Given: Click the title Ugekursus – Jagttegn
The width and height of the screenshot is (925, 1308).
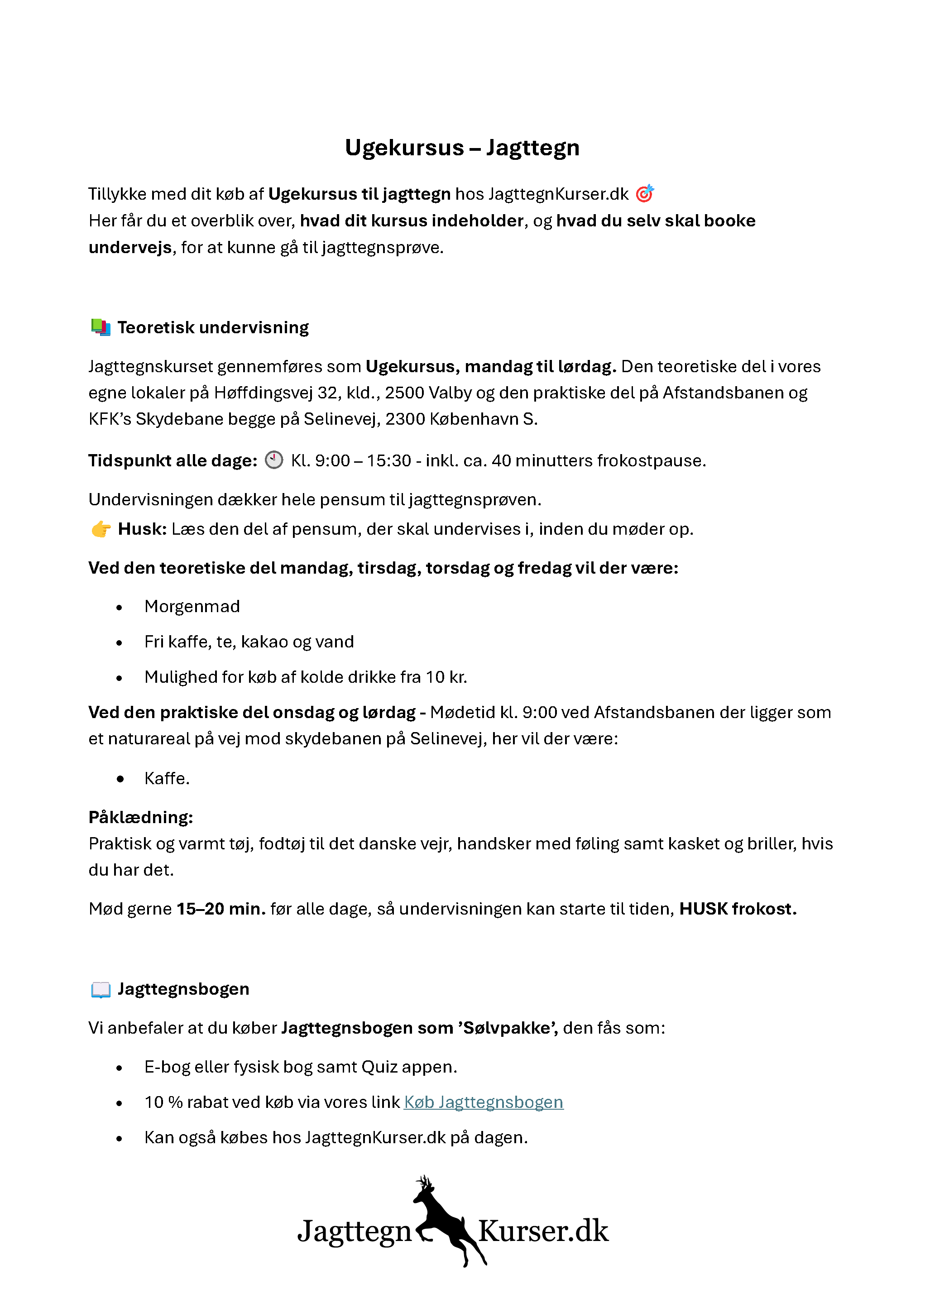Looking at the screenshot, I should click(x=462, y=148).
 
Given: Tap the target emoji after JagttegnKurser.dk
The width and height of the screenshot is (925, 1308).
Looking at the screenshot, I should click(x=644, y=194).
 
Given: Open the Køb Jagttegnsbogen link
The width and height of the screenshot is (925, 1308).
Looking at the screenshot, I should click(x=484, y=1102).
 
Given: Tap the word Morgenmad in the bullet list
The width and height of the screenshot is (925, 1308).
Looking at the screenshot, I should click(x=192, y=607).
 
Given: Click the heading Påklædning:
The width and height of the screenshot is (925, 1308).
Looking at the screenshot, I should click(x=141, y=818).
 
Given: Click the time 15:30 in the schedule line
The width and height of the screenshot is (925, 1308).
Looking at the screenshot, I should click(x=388, y=460).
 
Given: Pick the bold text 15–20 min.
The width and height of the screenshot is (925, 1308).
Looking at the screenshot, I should click(x=221, y=909).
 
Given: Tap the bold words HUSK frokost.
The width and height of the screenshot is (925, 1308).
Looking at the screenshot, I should click(x=738, y=909).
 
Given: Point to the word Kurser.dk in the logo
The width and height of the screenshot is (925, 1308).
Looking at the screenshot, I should click(x=543, y=1231).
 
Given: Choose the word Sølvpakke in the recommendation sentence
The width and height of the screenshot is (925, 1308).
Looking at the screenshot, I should click(x=506, y=1028).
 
